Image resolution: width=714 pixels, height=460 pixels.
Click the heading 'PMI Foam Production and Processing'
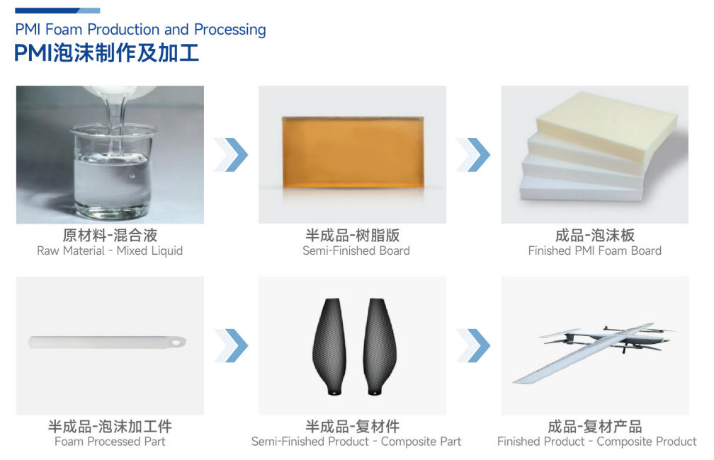[140, 30]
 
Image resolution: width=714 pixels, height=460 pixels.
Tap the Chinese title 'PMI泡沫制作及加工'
[106, 53]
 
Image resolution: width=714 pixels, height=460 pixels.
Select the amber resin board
[352, 152]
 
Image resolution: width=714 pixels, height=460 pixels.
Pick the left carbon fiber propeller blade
[331, 346]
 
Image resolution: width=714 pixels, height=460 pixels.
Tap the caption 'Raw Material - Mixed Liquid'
[110, 251]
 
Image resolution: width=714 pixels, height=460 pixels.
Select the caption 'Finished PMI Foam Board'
[594, 251]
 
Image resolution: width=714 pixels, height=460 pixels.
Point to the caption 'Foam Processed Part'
[110, 442]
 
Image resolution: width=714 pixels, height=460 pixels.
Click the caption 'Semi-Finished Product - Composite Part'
[356, 442]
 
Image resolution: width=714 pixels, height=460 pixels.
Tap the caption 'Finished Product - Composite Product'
[596, 442]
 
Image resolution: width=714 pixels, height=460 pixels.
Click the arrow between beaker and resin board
[232, 154]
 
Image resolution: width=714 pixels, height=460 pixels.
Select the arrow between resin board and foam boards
[473, 154]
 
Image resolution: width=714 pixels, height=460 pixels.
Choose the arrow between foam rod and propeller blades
[232, 345]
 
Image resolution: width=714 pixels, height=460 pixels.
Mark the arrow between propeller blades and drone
[473, 345]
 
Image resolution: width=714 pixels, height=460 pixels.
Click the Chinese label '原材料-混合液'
[110, 235]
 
